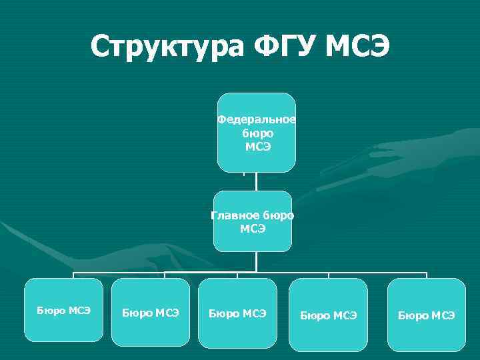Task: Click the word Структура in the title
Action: tap(167, 47)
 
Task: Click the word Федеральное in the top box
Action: tap(257, 119)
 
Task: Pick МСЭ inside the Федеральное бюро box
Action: tap(257, 146)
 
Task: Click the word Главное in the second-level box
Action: tap(236, 215)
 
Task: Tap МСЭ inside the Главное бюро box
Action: tap(253, 229)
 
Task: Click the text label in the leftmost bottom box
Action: tap(64, 310)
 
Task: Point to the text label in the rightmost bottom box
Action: tap(427, 315)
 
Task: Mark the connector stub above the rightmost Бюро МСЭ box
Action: tap(426, 275)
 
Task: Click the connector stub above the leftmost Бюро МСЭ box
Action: tap(73, 275)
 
